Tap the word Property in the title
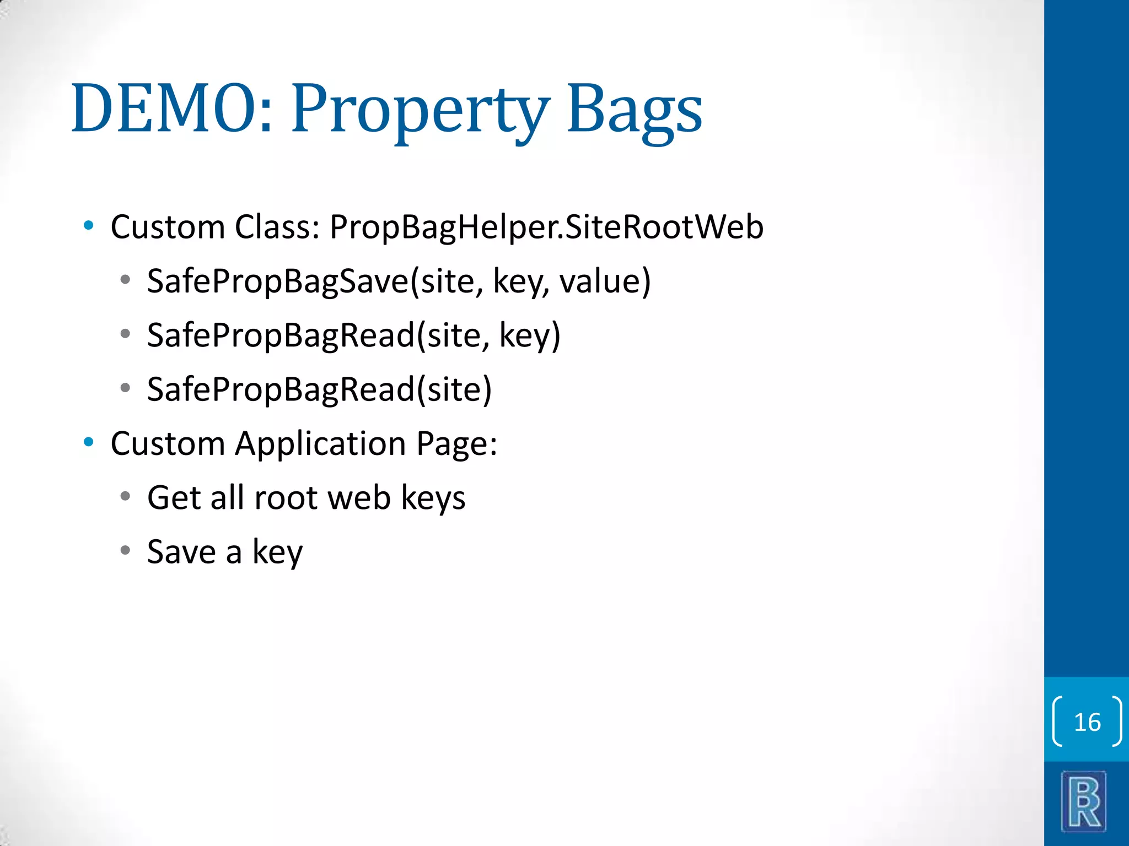pos(420,109)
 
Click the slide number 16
pos(1087,722)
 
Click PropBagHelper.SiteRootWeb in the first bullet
pos(546,227)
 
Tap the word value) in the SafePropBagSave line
pos(605,281)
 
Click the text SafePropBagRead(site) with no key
pos(319,389)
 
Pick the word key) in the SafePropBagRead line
pos(530,335)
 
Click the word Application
pos(320,443)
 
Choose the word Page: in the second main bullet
pos(456,443)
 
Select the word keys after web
pos(433,497)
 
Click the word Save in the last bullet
pos(181,551)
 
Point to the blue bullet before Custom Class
pos(88,225)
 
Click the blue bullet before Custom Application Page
pos(88,442)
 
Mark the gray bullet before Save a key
pos(125,550)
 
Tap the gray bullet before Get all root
pos(125,496)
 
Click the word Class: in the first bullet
pos(277,227)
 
